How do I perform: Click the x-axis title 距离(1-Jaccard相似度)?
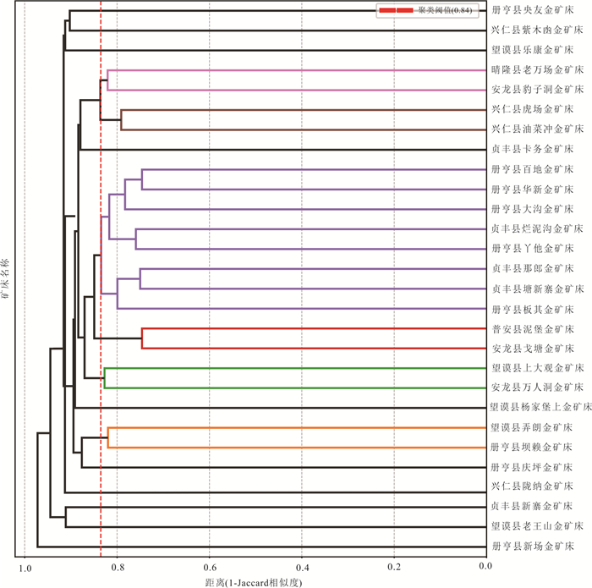(x=254, y=582)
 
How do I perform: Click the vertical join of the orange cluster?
(x=108, y=437)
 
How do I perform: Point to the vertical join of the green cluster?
(x=104, y=378)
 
